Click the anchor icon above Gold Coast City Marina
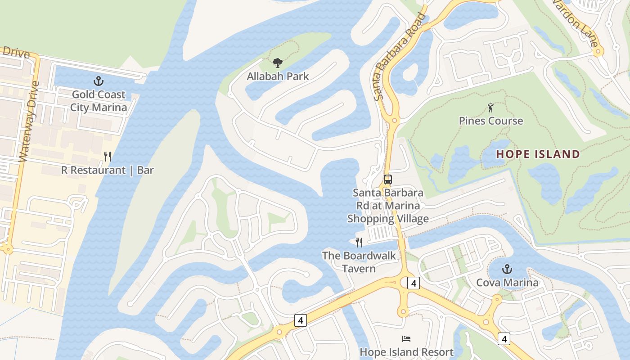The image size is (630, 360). coord(98,81)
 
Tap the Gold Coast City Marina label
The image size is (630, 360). coord(99,101)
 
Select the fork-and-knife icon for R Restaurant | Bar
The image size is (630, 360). coord(108,157)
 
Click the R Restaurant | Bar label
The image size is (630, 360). coord(108,170)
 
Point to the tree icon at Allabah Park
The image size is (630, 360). coord(278,63)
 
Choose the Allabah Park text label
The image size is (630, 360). coord(278,76)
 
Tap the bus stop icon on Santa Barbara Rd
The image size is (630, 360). coord(387,180)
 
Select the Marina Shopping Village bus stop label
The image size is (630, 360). coord(387,206)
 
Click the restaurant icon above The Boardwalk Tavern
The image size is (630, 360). coord(359,243)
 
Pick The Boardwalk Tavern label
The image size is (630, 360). coord(359,262)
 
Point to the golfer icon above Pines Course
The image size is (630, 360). coord(490,108)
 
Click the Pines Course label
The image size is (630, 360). coord(491,121)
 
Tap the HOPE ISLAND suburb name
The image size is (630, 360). coord(538,154)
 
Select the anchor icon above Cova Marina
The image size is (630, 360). coord(507,269)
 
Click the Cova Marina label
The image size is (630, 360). coord(507,283)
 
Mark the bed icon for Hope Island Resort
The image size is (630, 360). coord(406,338)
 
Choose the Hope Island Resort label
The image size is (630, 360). coord(406,351)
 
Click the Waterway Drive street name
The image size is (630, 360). coord(30,121)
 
